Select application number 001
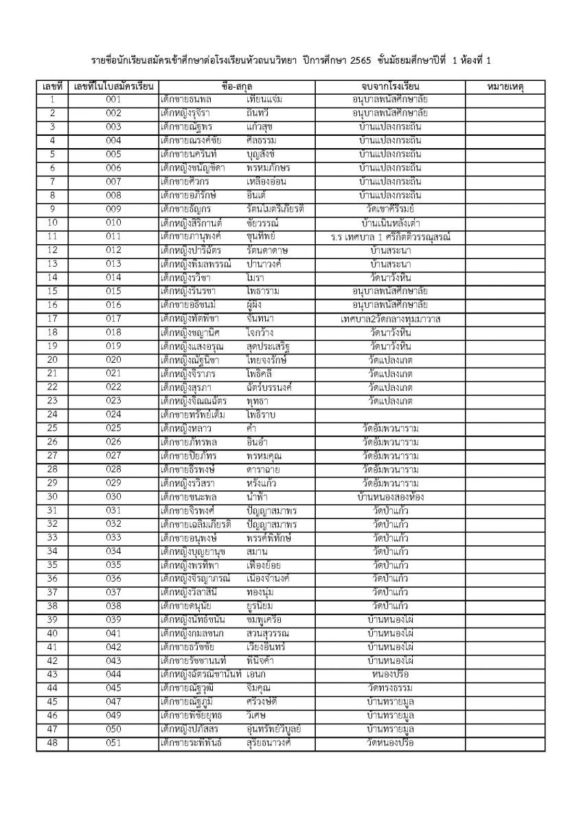click(113, 100)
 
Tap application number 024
click(113, 415)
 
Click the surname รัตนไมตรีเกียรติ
click(275, 209)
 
